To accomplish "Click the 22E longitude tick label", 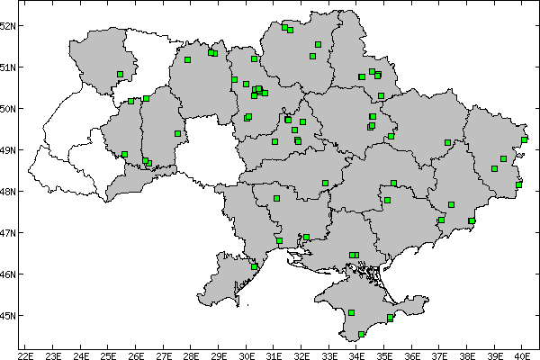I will tap(25, 355).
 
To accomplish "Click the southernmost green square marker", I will tap(361, 334).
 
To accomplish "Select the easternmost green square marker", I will tap(525, 139).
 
